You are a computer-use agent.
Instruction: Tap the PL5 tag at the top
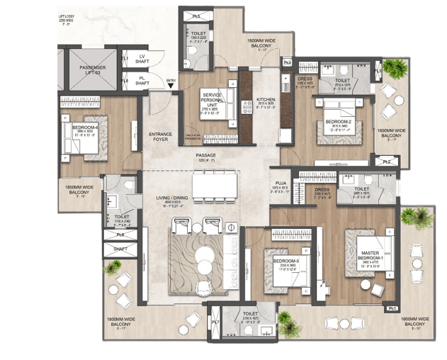point(196,15)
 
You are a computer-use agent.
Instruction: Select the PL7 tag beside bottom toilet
point(214,324)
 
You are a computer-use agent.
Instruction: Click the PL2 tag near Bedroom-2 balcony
point(387,162)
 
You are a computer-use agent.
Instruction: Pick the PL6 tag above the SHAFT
point(121,234)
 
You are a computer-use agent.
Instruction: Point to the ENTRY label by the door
point(171,81)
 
